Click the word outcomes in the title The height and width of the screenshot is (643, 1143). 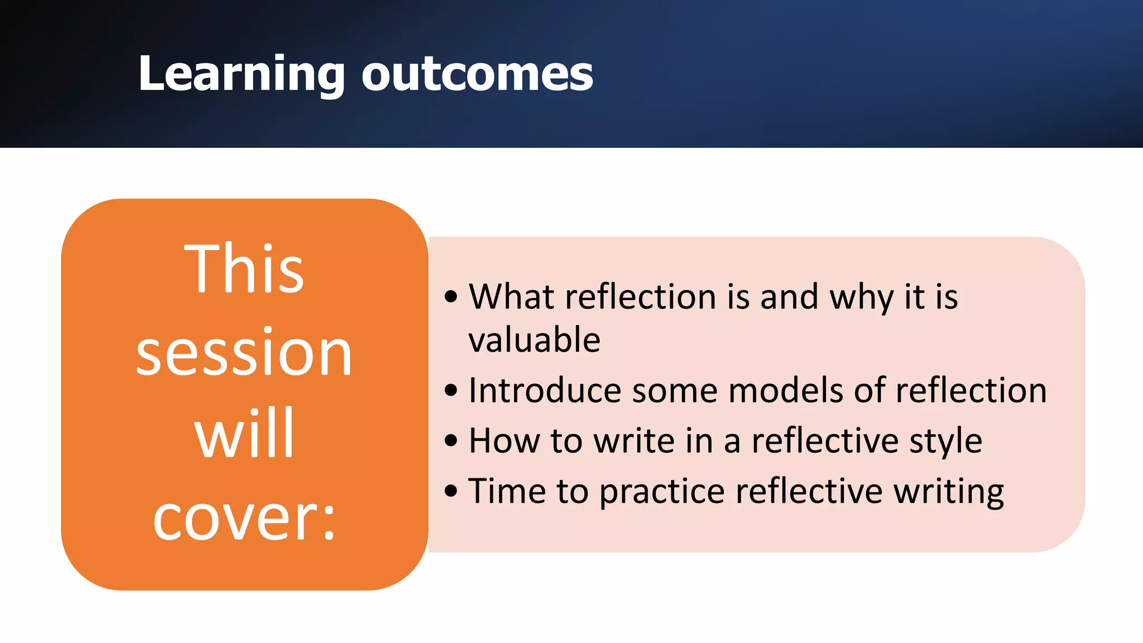click(x=477, y=74)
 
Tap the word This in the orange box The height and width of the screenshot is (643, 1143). click(x=244, y=270)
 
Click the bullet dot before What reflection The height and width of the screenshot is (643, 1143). click(x=451, y=297)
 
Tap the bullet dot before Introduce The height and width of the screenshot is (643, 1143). click(x=451, y=391)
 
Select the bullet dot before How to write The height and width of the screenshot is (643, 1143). click(x=451, y=442)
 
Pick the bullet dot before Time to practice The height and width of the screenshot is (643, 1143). click(x=451, y=492)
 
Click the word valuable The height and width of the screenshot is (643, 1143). click(x=534, y=340)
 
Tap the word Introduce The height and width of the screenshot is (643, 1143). click(x=545, y=390)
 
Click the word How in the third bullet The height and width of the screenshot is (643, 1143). click(x=503, y=441)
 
